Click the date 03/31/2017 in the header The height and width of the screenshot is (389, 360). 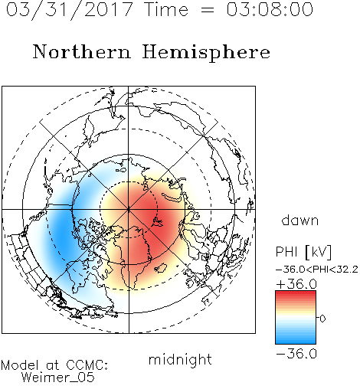[70, 10]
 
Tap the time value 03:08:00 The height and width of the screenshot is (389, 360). [270, 9]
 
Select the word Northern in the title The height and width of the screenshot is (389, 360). [82, 52]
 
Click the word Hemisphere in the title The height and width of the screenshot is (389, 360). [206, 53]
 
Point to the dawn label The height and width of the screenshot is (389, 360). [300, 220]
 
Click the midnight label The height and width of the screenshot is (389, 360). [180, 360]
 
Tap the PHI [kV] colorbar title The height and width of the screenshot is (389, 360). [303, 252]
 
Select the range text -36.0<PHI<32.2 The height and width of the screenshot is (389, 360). [317, 270]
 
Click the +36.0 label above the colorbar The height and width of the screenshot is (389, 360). [296, 284]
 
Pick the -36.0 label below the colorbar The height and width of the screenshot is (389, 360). [296, 354]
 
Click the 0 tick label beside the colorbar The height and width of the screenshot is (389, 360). [322, 319]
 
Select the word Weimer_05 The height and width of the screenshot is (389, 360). [58, 378]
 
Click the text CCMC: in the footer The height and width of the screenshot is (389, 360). [87, 365]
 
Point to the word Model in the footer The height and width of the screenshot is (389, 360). [20, 365]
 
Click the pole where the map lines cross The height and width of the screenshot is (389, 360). [129, 210]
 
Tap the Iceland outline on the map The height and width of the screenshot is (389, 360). [160, 268]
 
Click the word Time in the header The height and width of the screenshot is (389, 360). [166, 9]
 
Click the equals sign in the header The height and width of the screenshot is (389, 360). [208, 10]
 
